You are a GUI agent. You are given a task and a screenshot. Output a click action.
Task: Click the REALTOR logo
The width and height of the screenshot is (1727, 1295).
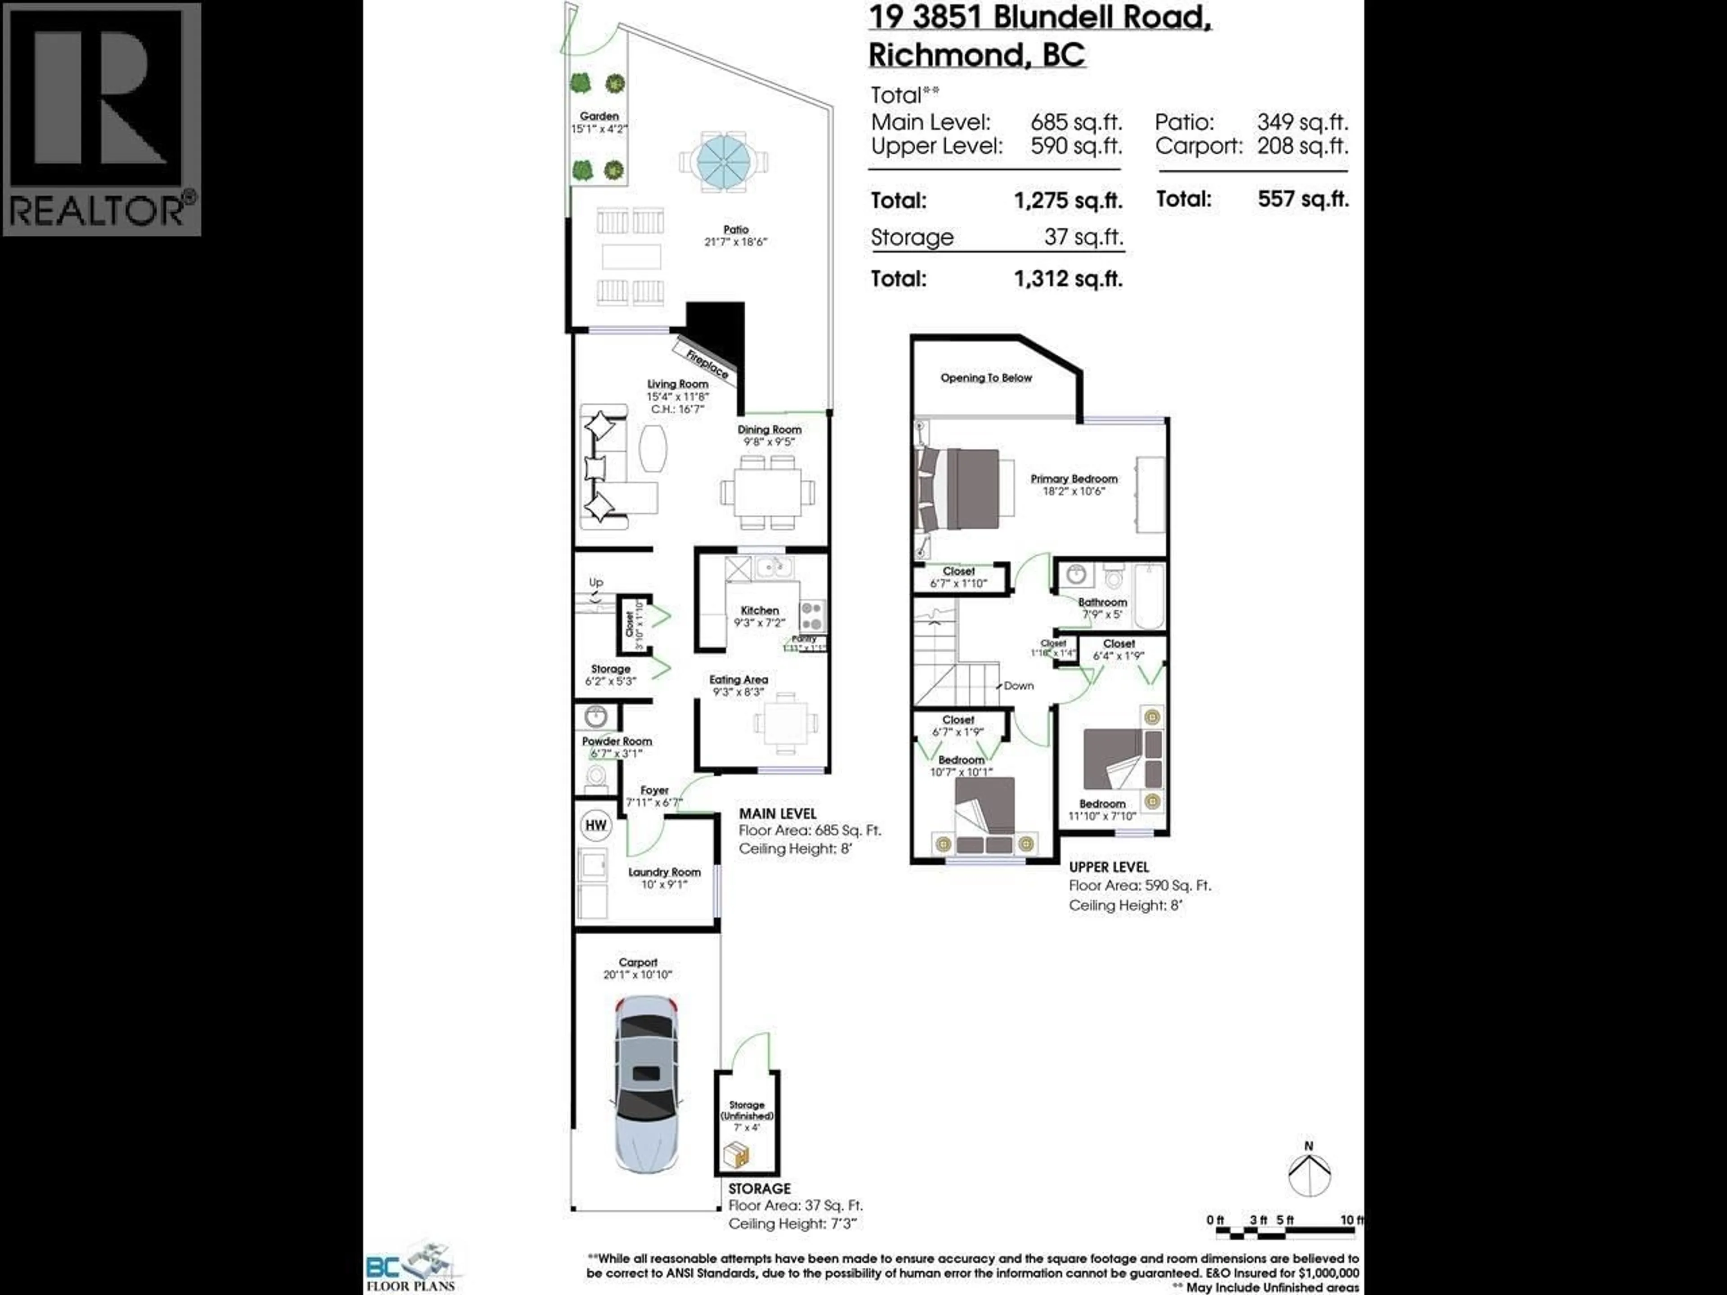102,119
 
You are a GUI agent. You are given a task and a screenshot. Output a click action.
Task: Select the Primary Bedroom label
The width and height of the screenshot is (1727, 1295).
1074,478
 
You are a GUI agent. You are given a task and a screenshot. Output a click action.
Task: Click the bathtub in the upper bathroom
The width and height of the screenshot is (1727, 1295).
1149,596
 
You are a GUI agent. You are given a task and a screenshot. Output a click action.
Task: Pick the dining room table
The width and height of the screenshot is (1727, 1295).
767,492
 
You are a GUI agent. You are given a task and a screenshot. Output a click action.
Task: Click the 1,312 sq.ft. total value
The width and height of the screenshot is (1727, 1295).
1068,279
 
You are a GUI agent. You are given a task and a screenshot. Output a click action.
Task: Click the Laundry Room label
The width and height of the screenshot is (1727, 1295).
664,872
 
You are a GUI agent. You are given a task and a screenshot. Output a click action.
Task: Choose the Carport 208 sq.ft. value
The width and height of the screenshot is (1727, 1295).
1302,146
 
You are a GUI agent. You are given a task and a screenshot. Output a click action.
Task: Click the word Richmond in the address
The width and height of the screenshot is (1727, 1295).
945,55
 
